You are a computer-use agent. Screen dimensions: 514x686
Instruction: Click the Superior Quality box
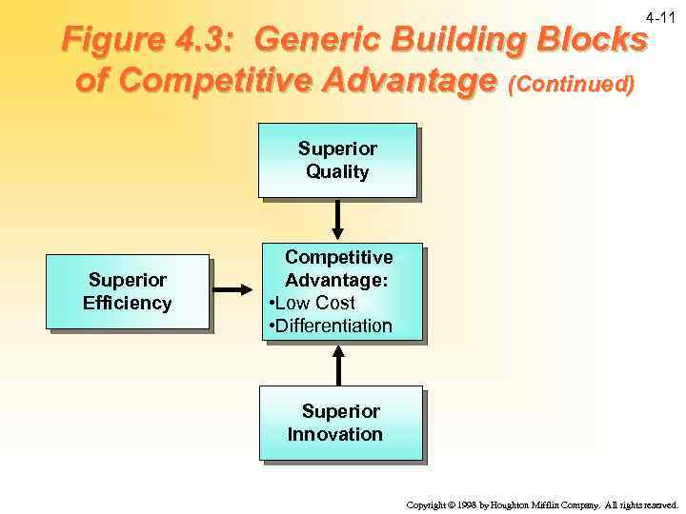tap(337, 160)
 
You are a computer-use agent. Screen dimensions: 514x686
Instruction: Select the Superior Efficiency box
tap(128, 291)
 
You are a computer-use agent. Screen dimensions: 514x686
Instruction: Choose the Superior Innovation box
tap(340, 423)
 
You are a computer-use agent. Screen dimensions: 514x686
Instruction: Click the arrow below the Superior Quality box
tap(337, 220)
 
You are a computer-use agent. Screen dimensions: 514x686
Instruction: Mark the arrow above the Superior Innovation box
tap(337, 363)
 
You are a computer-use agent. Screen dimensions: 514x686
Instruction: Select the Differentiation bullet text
tap(330, 326)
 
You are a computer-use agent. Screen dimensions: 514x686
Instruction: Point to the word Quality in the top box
tap(337, 171)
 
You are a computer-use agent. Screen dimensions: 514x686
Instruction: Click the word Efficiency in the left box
tap(128, 303)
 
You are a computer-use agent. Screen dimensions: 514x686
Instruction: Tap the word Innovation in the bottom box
tap(335, 434)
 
